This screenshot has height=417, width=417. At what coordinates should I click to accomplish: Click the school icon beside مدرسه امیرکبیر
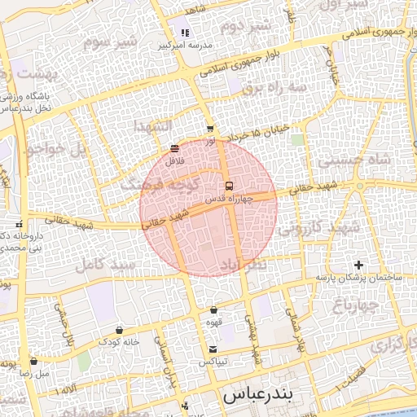pyautogui.click(x=185, y=33)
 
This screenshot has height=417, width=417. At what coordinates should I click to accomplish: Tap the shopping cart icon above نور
pyautogui.click(x=210, y=129)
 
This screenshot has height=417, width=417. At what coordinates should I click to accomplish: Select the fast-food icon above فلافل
pyautogui.click(x=175, y=148)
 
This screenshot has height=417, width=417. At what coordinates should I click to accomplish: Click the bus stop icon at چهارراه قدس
pyautogui.click(x=229, y=185)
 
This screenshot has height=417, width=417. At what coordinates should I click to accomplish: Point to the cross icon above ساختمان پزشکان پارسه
pyautogui.click(x=359, y=265)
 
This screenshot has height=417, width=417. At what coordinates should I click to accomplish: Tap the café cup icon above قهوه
pyautogui.click(x=213, y=309)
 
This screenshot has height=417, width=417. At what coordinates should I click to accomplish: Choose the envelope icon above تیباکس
pyautogui.click(x=213, y=349)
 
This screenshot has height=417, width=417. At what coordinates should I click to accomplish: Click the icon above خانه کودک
pyautogui.click(x=120, y=331)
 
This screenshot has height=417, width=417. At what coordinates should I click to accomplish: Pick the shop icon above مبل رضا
pyautogui.click(x=33, y=361)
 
